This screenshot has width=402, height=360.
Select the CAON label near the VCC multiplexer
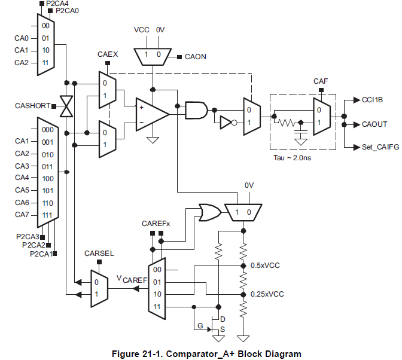pos(196,57)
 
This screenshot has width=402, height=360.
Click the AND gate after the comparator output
pos(196,109)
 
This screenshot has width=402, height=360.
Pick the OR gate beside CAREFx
pos(209,211)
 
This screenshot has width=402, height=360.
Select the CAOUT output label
pos(374,124)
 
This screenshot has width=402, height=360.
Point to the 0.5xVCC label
pos(267,265)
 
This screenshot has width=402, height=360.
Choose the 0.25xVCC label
pos(269,294)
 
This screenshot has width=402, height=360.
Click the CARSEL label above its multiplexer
pos(99,254)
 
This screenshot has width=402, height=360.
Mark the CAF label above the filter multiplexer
pos(321,81)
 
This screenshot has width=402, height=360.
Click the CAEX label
pos(108,55)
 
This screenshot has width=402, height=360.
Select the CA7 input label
pos(22,215)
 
